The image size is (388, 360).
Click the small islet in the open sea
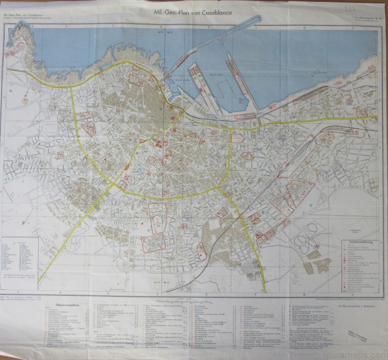pos(319,72)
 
